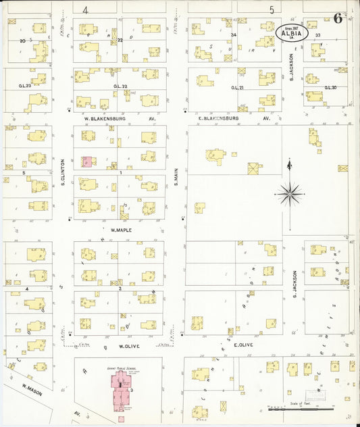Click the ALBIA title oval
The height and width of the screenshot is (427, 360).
tap(292, 31)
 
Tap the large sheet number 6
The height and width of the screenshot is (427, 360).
tap(336, 18)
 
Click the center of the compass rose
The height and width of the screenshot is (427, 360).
tap(290, 194)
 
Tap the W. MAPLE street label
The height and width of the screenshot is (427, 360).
tap(120, 230)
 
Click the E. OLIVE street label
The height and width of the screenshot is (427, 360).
tap(242, 345)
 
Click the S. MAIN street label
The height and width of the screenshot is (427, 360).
tap(175, 177)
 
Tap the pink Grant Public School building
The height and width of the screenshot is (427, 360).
tap(120, 395)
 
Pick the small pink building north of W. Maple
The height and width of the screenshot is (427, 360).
tap(88, 162)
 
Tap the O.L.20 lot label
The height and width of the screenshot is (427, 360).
tap(330, 87)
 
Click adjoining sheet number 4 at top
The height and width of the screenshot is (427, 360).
tap(85, 9)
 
